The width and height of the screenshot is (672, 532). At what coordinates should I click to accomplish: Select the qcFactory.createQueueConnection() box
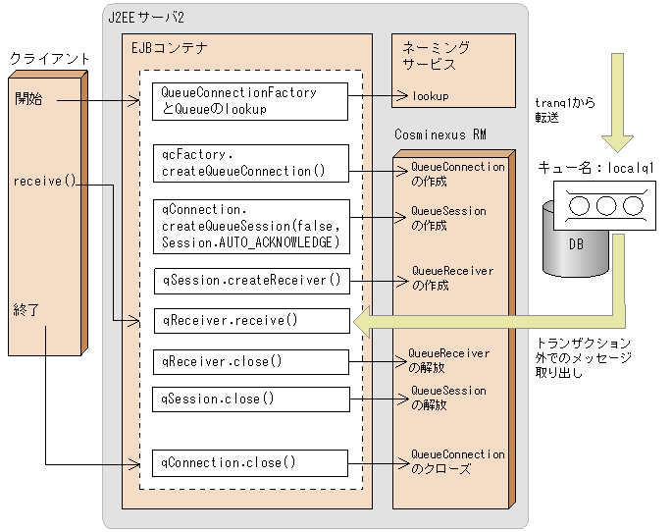tap(251, 163)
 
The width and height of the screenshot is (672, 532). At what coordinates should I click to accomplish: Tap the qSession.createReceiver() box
tap(251, 280)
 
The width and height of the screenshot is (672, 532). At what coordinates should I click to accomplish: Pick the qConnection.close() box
tap(251, 462)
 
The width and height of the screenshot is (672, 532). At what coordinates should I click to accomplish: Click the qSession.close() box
tap(251, 399)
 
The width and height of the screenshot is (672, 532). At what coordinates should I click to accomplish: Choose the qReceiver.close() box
tap(251, 361)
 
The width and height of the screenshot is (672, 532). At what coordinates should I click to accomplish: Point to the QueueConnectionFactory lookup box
tap(251, 101)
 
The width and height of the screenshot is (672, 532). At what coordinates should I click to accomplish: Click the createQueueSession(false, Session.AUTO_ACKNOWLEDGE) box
tap(251, 225)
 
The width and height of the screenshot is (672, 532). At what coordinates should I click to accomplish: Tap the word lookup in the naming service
tap(430, 96)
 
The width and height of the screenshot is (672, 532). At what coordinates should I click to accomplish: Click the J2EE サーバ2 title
tap(146, 18)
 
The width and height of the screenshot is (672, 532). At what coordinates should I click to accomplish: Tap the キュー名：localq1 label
tap(595, 169)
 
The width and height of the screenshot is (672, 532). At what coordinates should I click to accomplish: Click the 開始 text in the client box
tap(27, 99)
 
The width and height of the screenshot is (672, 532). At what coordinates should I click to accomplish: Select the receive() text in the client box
tap(45, 182)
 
